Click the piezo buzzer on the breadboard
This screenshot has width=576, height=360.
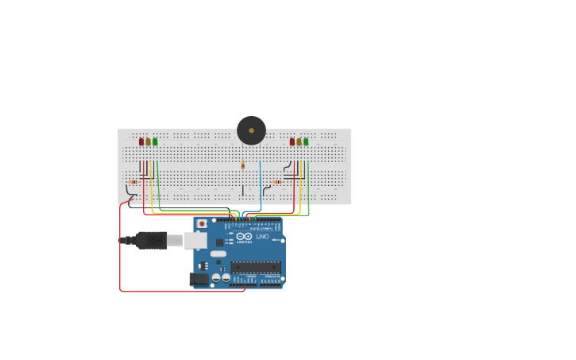click(x=251, y=130)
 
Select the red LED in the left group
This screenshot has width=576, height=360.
click(x=141, y=141)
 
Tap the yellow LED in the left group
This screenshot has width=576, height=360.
click(x=148, y=141)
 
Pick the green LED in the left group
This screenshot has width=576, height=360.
click(x=155, y=141)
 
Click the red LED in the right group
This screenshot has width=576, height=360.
click(x=292, y=141)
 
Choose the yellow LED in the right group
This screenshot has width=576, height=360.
click(x=299, y=141)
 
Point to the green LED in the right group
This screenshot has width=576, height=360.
click(x=306, y=141)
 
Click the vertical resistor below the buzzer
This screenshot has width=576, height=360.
click(x=243, y=165)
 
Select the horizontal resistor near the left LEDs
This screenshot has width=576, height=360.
click(x=133, y=182)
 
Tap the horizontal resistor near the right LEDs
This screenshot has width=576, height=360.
click(x=277, y=182)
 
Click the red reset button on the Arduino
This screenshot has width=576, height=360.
click(x=202, y=224)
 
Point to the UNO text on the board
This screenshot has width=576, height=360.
click(x=262, y=236)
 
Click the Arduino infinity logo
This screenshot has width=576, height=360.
click(x=244, y=236)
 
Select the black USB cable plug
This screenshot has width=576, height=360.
click(x=150, y=240)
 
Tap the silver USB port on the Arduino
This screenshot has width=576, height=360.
click(x=195, y=240)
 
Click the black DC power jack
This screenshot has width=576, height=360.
click(x=199, y=278)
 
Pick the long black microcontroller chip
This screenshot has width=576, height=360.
click(x=256, y=267)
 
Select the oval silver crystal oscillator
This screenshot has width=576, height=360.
click(x=218, y=254)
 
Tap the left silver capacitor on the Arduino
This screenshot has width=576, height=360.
click(x=216, y=277)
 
